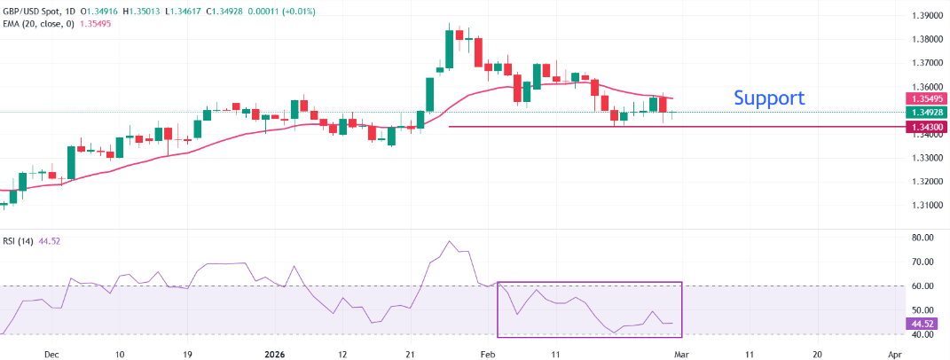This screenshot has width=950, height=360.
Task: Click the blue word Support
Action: click(769, 98)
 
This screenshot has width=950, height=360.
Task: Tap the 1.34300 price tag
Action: click(924, 128)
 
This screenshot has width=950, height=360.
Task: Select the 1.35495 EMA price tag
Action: click(924, 98)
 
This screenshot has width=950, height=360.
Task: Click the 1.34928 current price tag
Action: click(924, 113)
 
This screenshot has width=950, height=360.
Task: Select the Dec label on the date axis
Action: click(51, 353)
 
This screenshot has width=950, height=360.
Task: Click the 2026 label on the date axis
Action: click(274, 353)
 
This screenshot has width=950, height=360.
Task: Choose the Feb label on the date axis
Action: click(486, 353)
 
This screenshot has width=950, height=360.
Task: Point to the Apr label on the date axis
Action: click(895, 353)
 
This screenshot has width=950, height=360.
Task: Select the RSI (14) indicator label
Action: click(21, 240)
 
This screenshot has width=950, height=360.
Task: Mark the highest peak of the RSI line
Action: click(450, 241)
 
